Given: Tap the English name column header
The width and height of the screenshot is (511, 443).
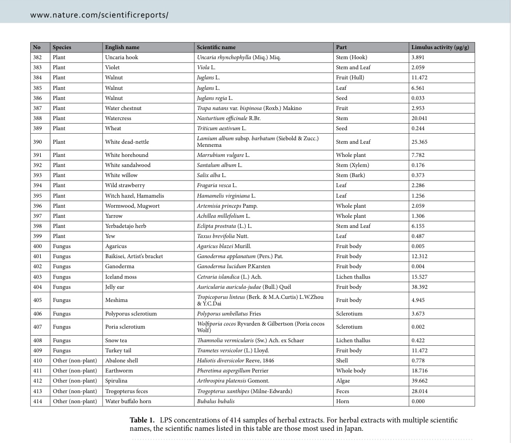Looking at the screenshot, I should pyautogui.click(x=122, y=47).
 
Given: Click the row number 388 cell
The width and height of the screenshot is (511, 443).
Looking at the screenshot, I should pyautogui.click(x=38, y=118).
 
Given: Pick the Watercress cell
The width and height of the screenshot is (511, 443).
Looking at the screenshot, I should pyautogui.click(x=118, y=118).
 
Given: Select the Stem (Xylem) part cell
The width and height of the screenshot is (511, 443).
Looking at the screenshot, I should pyautogui.click(x=352, y=165).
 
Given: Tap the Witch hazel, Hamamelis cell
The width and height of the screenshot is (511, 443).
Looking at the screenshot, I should pyautogui.click(x=134, y=196).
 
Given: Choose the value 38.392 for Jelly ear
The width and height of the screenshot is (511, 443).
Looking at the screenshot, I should pyautogui.click(x=419, y=287).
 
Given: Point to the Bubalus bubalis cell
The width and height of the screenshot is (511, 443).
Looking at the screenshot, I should pyautogui.click(x=215, y=401).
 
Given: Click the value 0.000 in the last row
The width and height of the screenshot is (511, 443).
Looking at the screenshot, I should pyautogui.click(x=418, y=401).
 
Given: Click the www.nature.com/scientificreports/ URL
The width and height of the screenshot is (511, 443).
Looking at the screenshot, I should pyautogui.click(x=99, y=15).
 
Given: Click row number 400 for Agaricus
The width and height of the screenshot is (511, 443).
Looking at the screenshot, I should pyautogui.click(x=38, y=246).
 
